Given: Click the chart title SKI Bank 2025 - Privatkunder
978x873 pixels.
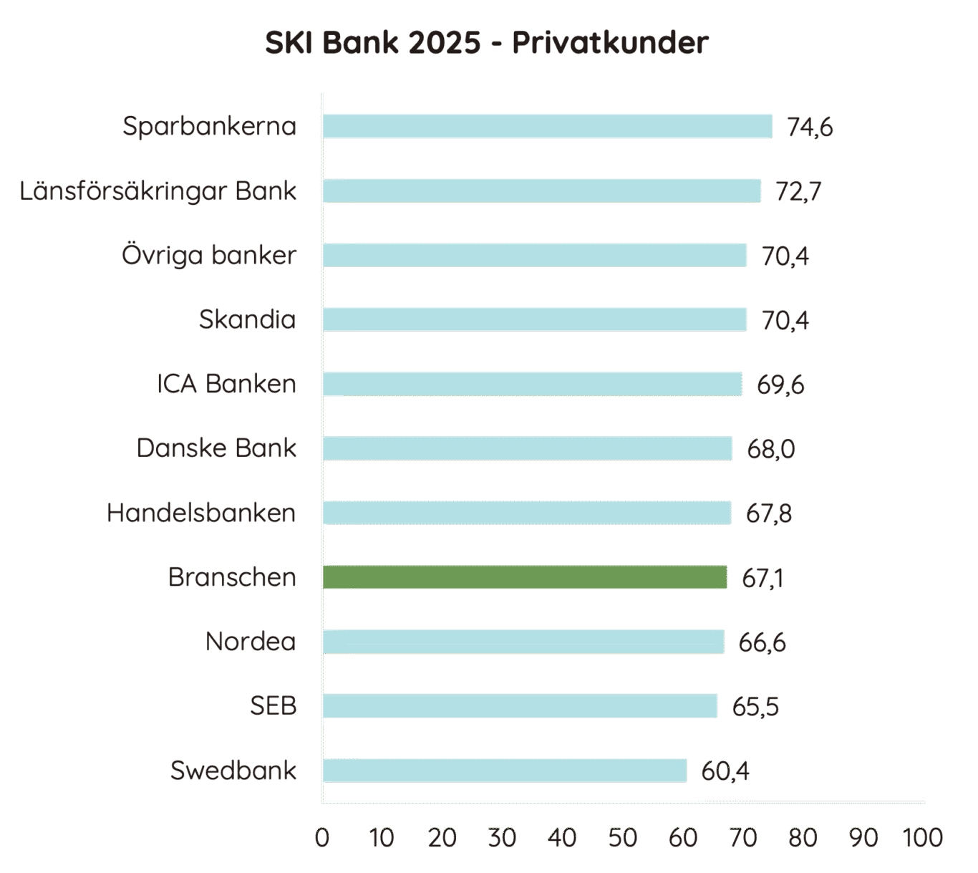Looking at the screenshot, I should tap(487, 43).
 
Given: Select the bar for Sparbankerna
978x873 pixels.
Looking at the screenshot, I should tap(547, 126).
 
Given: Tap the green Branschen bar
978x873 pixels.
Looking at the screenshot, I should tap(525, 577).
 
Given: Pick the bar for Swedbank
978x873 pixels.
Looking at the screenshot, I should tap(504, 771).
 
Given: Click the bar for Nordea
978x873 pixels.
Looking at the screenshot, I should tap(523, 642).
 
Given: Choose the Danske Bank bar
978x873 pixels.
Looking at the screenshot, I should tap(527, 448).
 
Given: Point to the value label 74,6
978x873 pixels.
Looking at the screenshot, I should tap(810, 127).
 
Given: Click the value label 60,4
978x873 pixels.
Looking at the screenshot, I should tap(725, 771).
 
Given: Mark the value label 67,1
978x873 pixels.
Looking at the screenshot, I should tap(762, 578).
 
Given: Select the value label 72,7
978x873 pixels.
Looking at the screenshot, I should tap(798, 191).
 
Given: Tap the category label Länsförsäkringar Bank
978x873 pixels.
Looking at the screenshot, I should tap(158, 191).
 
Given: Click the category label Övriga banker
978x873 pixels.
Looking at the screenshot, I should tap(208, 256).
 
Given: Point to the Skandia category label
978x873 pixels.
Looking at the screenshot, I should tap(247, 319).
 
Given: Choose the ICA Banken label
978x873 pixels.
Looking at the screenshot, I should tap(226, 384).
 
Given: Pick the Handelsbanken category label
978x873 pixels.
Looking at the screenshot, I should tap(201, 513).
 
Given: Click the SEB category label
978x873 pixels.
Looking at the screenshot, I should tap(273, 706).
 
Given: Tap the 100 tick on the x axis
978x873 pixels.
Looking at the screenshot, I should tap(923, 837).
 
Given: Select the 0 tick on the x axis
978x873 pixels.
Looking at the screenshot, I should tap(322, 837).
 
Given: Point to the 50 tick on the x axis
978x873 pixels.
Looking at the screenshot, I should tap(622, 837).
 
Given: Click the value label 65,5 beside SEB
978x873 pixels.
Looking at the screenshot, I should tap(755, 707).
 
